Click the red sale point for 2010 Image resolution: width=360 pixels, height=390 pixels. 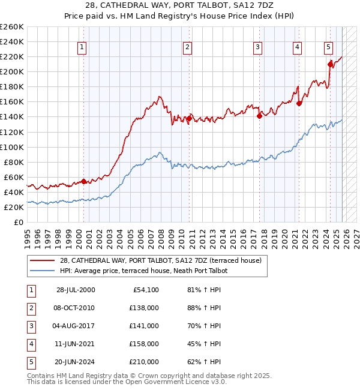click(x=188, y=119)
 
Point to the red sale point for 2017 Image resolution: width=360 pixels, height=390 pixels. click(x=259, y=116)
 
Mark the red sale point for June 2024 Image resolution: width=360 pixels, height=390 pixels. click(x=330, y=64)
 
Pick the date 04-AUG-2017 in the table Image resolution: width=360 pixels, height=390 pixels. click(x=76, y=326)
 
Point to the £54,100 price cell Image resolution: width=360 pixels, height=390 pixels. click(x=144, y=290)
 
